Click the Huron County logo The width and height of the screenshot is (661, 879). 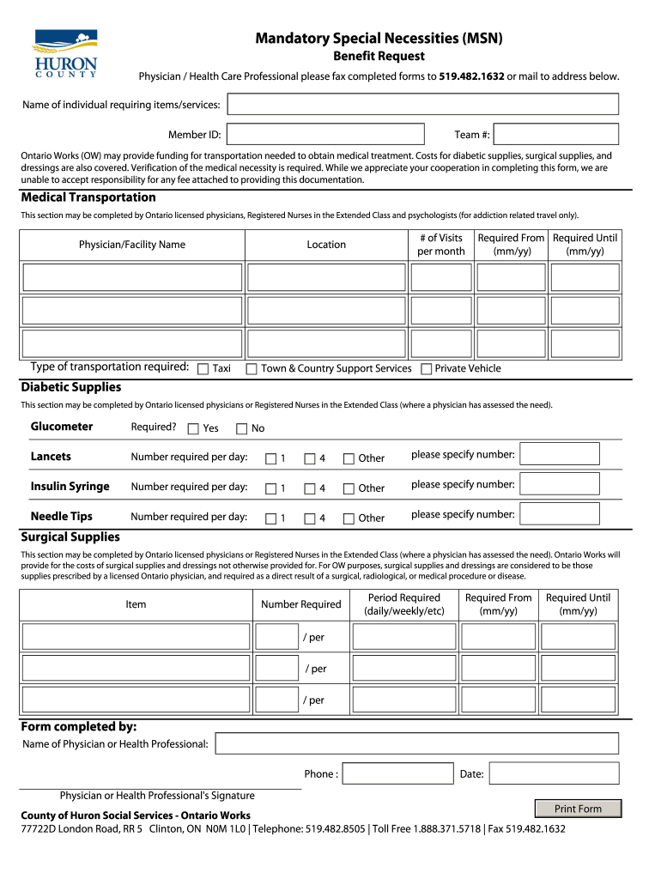click(65, 53)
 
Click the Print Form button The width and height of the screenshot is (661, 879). click(578, 809)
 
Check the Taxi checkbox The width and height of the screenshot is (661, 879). click(203, 369)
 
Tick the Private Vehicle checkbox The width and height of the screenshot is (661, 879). click(427, 369)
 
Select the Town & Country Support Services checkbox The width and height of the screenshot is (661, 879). click(252, 369)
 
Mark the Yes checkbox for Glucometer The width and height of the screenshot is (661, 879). click(193, 428)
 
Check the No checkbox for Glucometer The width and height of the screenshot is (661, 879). click(242, 428)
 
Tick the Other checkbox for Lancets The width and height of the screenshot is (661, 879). click(349, 458)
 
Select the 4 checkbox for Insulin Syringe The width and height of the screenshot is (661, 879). click(310, 488)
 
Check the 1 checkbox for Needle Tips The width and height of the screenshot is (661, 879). click(271, 518)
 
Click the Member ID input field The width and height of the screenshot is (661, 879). click(325, 134)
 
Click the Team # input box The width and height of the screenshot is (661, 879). click(556, 134)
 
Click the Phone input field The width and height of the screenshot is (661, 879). click(397, 773)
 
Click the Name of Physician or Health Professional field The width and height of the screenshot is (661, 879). click(416, 743)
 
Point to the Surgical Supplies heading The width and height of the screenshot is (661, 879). click(70, 536)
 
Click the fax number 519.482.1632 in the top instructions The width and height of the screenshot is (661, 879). click(471, 76)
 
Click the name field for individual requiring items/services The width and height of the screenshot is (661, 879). click(422, 104)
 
